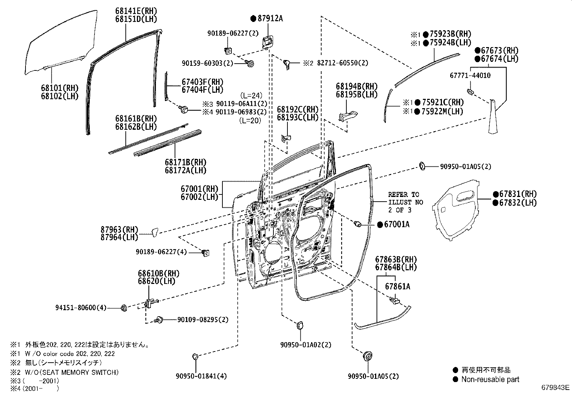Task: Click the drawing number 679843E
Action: coord(555,387)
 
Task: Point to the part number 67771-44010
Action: coord(470,75)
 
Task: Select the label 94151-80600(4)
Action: coord(81,308)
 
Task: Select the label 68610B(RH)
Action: coord(158,274)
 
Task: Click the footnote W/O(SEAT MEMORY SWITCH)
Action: coord(72,372)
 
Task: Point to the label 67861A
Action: coord(398,286)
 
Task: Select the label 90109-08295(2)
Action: coord(202,320)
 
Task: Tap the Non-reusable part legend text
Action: coord(490,379)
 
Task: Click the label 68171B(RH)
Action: coord(186,162)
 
